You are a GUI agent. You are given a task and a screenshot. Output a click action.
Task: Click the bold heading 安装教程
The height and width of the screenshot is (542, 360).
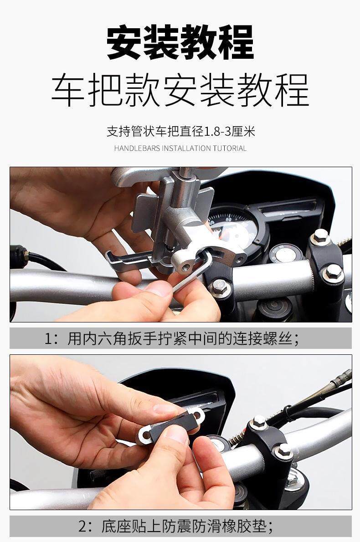(180, 42)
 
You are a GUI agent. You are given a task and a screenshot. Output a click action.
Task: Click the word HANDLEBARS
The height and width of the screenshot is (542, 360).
(137, 148)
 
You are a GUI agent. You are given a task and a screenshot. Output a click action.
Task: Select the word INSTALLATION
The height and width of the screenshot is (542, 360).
(186, 148)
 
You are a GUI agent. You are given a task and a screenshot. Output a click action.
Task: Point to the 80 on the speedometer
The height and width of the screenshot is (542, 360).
(228, 219)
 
